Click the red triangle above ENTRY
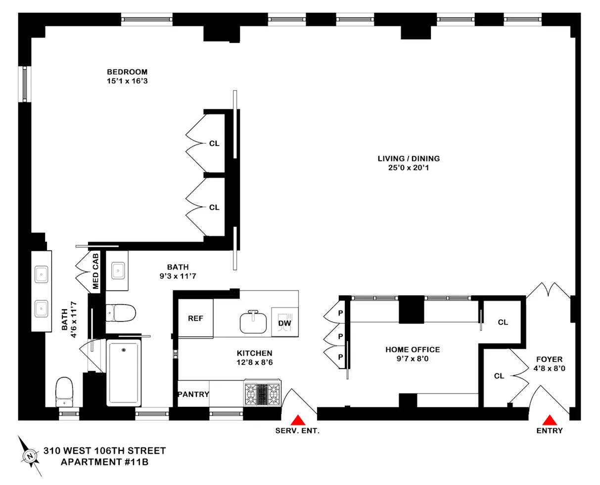pyautogui.click(x=549, y=421)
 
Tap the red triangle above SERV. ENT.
pyautogui.click(x=297, y=421)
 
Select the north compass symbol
pyautogui.click(x=30, y=455)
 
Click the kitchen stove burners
pyautogui.click(x=262, y=393)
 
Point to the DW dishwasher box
pyautogui.click(x=285, y=323)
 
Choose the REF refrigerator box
pyautogui.click(x=195, y=319)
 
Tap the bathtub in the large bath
pyautogui.click(x=124, y=373)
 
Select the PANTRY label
pyautogui.click(x=193, y=394)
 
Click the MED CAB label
pyautogui.click(x=95, y=271)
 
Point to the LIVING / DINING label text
pyautogui.click(x=409, y=159)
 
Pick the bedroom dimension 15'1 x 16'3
pyautogui.click(x=127, y=81)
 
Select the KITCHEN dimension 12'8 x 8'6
pyautogui.click(x=254, y=362)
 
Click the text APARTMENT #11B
pyautogui.click(x=104, y=462)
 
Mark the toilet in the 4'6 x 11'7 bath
pyautogui.click(x=64, y=391)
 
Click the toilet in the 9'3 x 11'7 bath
pyautogui.click(x=121, y=313)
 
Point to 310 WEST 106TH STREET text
pyautogui.click(x=104, y=451)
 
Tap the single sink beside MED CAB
pyautogui.click(x=118, y=270)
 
